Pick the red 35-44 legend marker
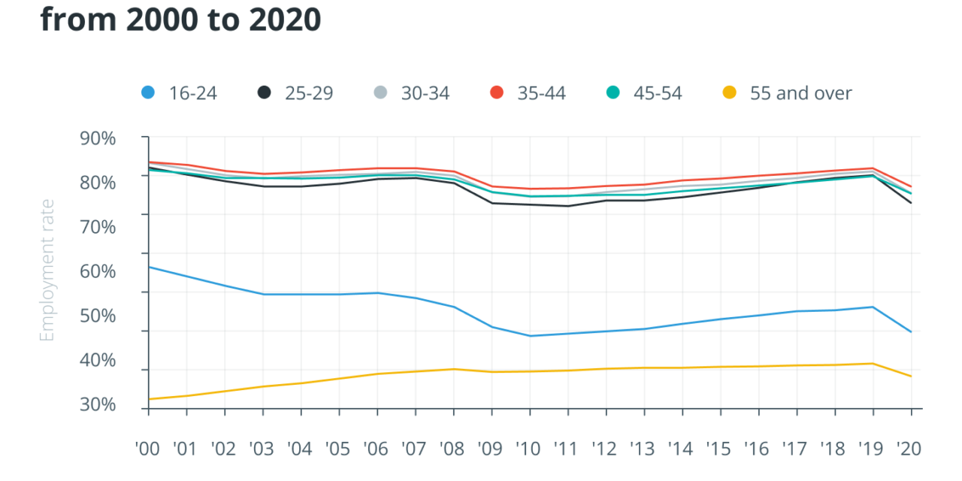coord(497,93)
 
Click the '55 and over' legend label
coord(800,93)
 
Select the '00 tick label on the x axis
coord(148,449)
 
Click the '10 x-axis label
coord(529,449)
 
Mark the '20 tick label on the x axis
coord(910,449)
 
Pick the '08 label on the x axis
coord(453,449)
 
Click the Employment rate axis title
coord(47,271)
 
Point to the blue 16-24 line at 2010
coord(530,336)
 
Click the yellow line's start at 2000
coord(149,399)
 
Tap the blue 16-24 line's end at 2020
coord(911,331)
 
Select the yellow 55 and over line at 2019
coord(873,364)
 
